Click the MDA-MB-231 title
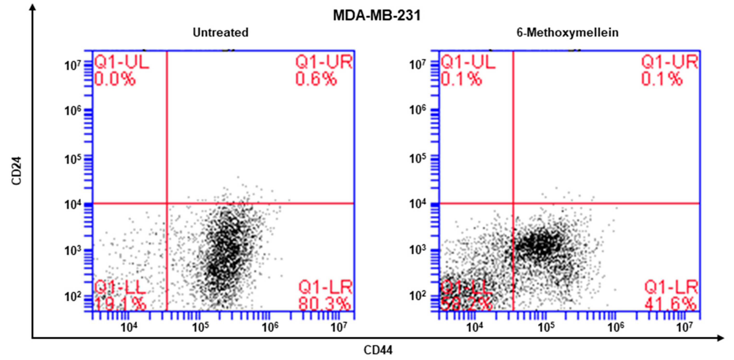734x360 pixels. (x=377, y=15)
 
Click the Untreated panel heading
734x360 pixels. (x=221, y=33)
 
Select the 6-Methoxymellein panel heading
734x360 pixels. (x=568, y=33)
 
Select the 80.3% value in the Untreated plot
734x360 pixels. (x=325, y=304)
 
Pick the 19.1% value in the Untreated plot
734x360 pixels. (x=120, y=304)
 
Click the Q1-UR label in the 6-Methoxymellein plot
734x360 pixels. (x=670, y=62)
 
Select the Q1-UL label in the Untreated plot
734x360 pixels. (x=122, y=62)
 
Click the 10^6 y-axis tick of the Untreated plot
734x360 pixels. (x=73, y=110)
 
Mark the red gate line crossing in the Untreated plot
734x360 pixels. (x=167, y=203)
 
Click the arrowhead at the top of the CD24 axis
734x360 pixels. (x=33, y=6)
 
